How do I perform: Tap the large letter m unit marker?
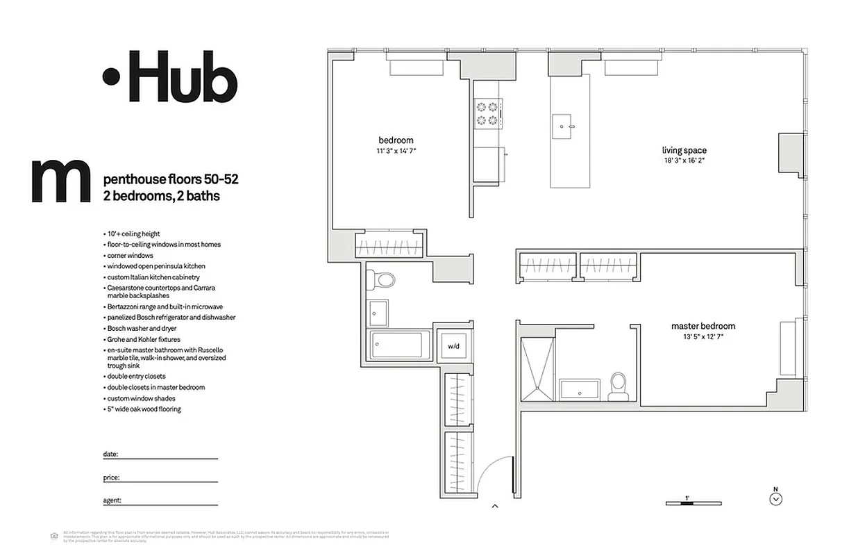[x=61, y=181]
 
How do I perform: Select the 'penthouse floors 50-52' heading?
[x=170, y=179]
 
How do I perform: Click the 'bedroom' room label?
[x=396, y=140]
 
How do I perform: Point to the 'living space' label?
[x=684, y=150]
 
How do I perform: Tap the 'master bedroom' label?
[x=703, y=326]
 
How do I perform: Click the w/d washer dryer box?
[x=453, y=345]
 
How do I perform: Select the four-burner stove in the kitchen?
[x=488, y=113]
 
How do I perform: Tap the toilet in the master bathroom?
[x=618, y=386]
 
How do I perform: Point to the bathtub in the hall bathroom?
[x=397, y=345]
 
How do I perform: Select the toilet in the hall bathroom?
[x=381, y=279]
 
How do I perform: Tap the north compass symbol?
[x=776, y=498]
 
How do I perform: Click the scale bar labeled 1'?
[x=693, y=502]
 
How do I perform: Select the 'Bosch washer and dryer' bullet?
[x=142, y=328]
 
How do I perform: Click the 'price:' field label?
[x=111, y=478]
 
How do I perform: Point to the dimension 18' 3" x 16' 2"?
[x=684, y=161]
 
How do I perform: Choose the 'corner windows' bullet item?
[x=130, y=256]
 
